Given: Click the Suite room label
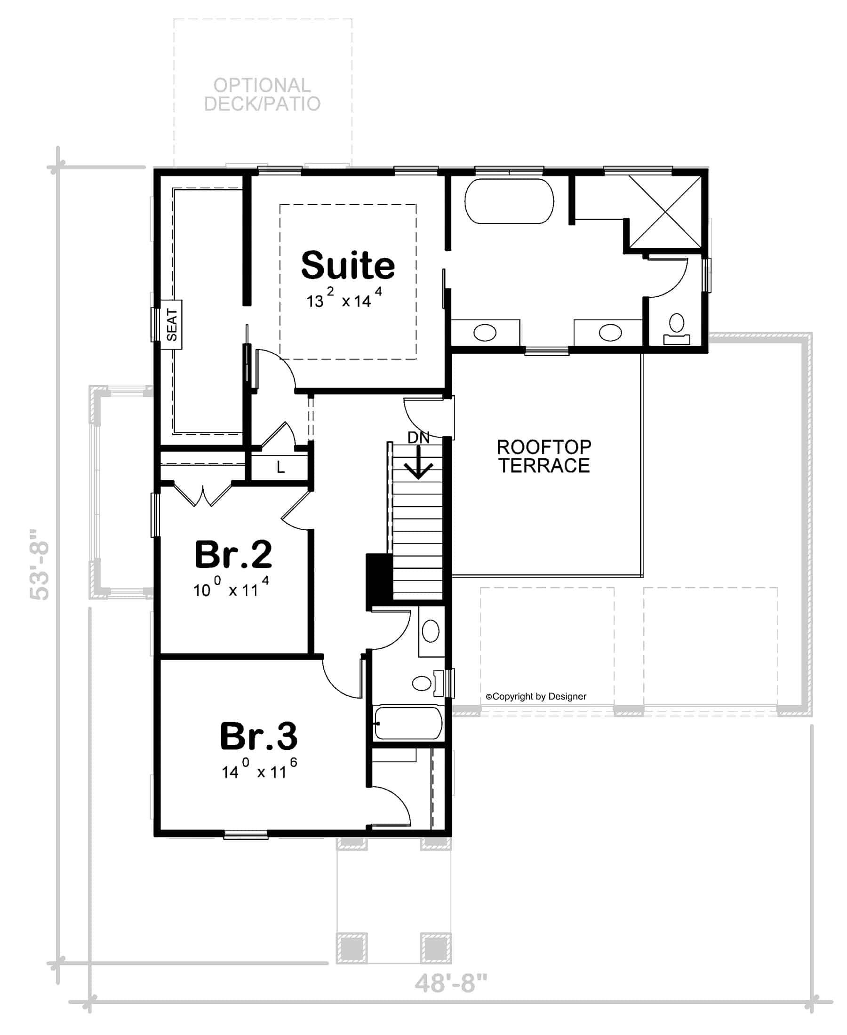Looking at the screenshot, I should [x=347, y=265].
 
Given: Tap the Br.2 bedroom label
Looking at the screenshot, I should [x=233, y=555].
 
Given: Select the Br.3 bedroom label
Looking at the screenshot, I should [x=259, y=737].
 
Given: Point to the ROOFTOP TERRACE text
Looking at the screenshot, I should [x=544, y=456].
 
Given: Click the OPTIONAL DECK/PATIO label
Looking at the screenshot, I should [x=262, y=95].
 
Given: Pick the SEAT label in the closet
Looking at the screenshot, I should [x=172, y=325].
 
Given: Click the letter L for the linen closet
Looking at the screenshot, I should [x=280, y=468].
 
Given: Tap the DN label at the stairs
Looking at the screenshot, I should [x=418, y=438].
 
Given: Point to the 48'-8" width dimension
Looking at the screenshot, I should [x=451, y=983].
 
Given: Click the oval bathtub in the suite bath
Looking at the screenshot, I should [x=509, y=201].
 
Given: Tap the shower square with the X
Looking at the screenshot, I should [x=665, y=212].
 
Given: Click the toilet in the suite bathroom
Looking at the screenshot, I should [x=677, y=329].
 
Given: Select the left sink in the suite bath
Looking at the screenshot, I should [x=485, y=333].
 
